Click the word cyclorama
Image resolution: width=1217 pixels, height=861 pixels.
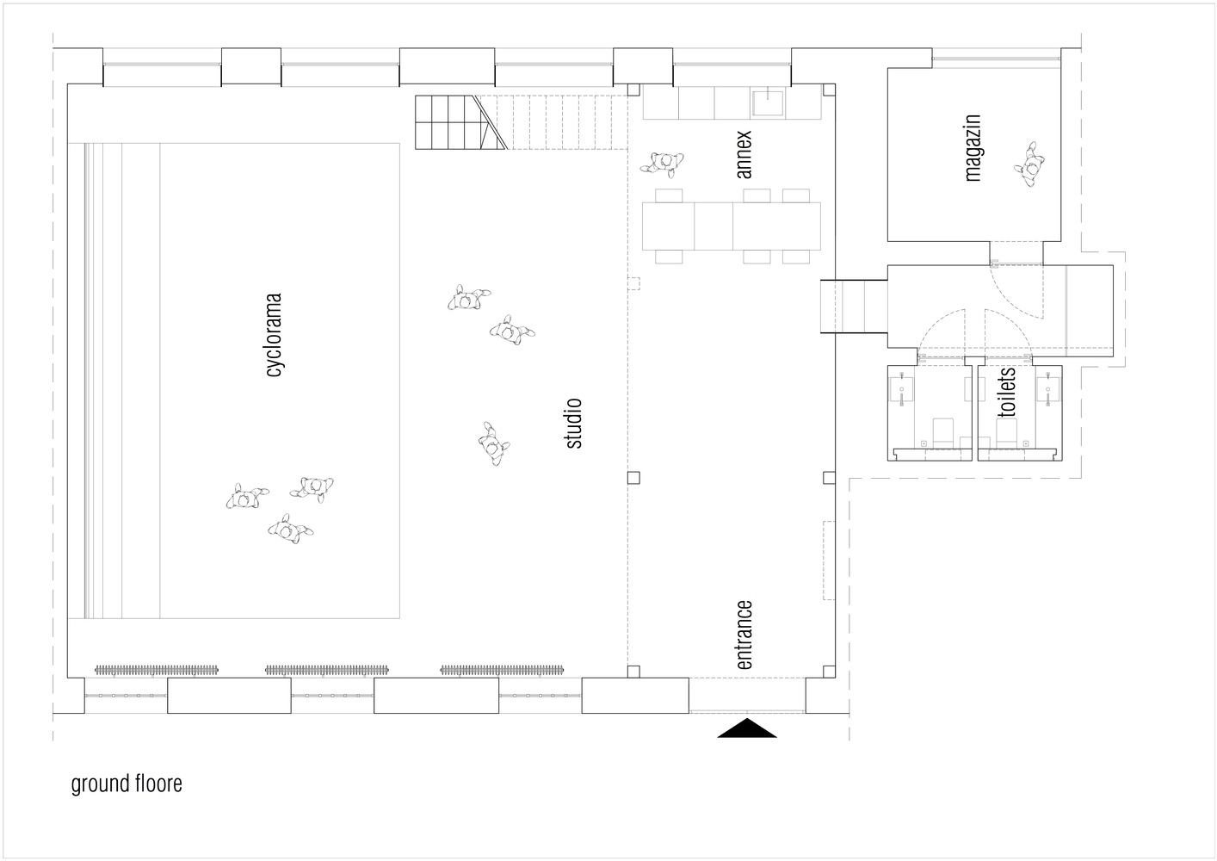point(275,335)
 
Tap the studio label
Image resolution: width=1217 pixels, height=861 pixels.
point(574,424)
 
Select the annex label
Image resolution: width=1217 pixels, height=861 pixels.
point(744,154)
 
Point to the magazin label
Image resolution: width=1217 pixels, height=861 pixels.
point(973,147)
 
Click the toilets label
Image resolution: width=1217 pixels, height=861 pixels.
point(1007,393)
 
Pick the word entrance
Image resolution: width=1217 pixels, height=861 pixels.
point(744,635)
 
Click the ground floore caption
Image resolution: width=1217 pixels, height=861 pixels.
point(127,784)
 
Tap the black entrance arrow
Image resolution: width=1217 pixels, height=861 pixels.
point(747,728)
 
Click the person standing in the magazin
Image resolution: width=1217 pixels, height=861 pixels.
point(1029,164)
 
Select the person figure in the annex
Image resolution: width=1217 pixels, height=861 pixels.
point(662,163)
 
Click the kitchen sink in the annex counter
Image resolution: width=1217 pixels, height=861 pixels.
point(767,103)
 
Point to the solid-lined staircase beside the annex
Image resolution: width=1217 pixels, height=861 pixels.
point(460,122)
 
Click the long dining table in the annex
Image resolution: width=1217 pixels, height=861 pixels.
point(732,226)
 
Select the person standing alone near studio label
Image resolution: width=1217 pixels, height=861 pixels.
point(494,443)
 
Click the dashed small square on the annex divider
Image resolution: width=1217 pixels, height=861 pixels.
point(633,283)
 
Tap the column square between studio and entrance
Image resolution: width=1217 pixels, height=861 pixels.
point(633,478)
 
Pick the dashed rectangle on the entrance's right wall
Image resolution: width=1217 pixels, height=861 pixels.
point(829,561)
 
